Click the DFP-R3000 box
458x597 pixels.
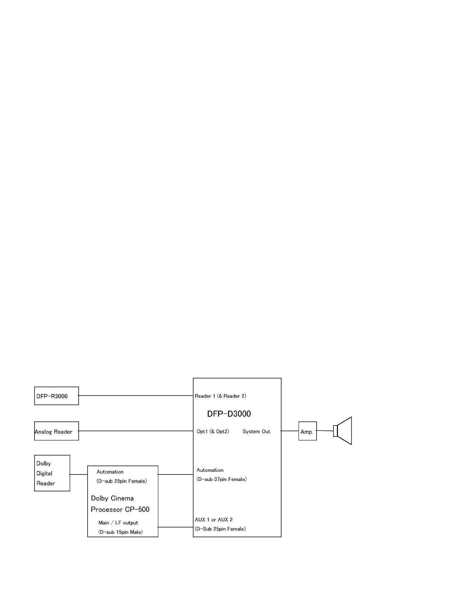click(56, 396)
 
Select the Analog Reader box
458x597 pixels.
click(56, 431)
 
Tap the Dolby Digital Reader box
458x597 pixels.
click(52, 473)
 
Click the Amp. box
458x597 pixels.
click(307, 431)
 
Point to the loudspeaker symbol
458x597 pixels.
click(343, 431)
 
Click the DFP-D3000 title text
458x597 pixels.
click(229, 414)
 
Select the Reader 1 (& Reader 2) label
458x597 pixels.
click(220, 396)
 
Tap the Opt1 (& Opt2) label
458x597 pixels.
click(213, 432)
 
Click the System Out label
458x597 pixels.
click(256, 432)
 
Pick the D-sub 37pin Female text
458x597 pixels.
click(221, 479)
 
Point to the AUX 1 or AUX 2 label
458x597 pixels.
click(214, 520)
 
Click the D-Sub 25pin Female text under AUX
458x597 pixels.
click(220, 529)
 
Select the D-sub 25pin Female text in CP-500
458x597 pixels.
click(121, 481)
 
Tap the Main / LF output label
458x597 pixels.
click(118, 523)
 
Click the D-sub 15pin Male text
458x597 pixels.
click(120, 532)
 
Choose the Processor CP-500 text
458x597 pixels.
click(120, 510)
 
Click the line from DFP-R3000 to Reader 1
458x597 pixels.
click(135, 395)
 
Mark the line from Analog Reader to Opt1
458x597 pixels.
click(135, 431)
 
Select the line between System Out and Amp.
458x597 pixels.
click(290, 431)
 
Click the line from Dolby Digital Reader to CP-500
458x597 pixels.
click(79, 474)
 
